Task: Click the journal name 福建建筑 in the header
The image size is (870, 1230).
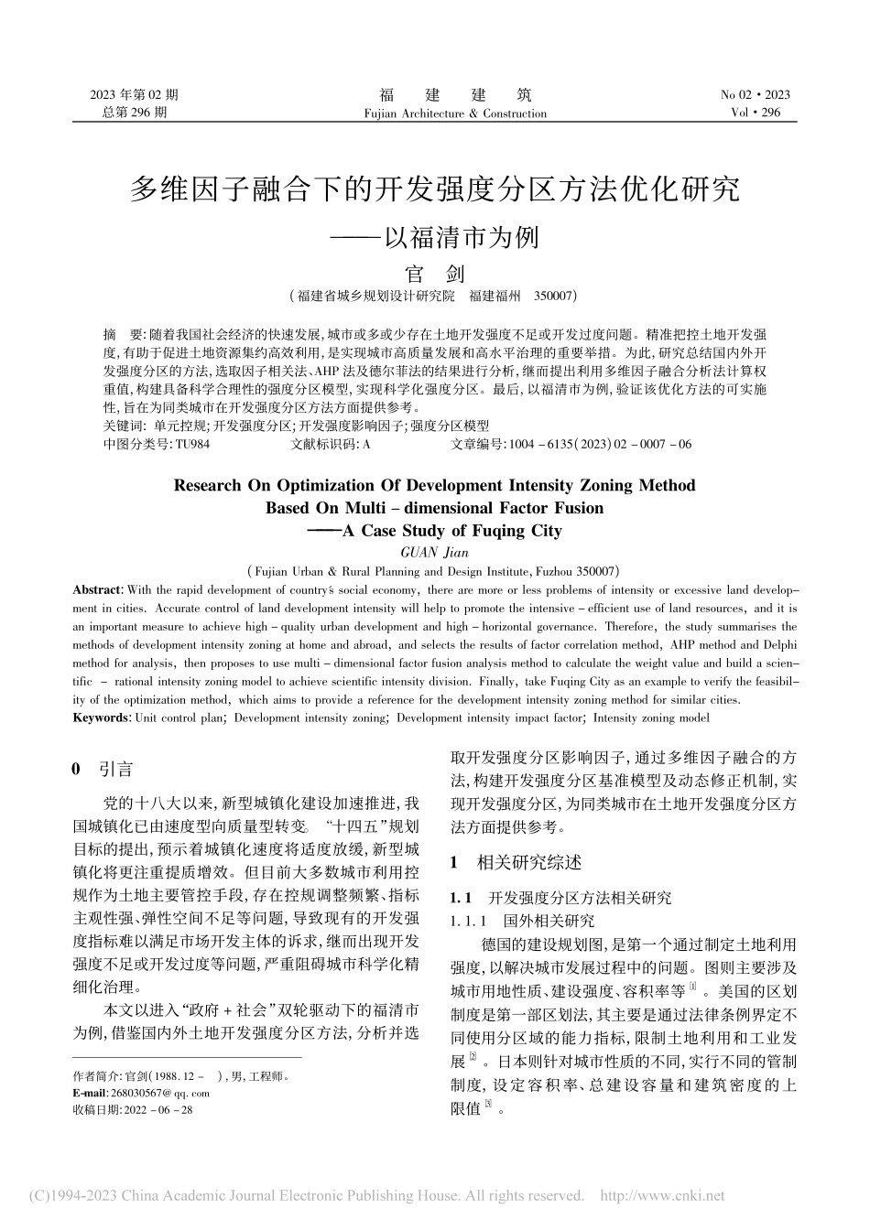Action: [454, 95]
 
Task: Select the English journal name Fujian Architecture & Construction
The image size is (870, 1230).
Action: [454, 113]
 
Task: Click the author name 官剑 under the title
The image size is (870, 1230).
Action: [436, 273]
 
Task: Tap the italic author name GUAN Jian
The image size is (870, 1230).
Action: [434, 551]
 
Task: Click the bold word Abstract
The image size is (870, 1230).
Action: [96, 590]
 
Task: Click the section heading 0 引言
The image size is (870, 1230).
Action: [103, 769]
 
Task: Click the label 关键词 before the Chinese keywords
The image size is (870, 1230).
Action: [124, 426]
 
